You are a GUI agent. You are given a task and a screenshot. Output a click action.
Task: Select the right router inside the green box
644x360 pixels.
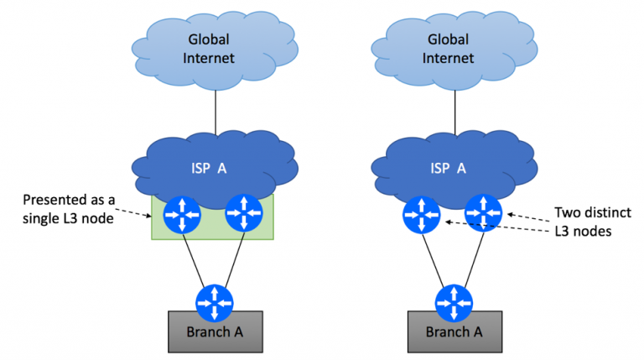242,216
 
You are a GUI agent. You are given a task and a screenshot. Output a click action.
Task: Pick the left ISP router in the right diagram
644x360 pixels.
421,214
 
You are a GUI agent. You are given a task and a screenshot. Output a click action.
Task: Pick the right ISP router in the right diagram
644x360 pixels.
483,211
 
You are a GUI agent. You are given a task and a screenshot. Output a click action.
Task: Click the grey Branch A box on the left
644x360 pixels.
214,331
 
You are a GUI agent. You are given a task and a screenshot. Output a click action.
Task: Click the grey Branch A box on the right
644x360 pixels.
454,331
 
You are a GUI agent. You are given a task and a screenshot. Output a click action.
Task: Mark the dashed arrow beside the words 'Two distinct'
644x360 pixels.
525,216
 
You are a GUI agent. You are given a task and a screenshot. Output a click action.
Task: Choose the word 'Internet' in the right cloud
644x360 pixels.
448,58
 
